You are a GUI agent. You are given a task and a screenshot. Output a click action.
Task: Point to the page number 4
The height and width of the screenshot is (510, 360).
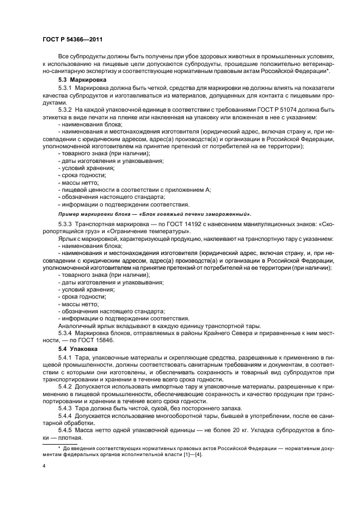(44, 466)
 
